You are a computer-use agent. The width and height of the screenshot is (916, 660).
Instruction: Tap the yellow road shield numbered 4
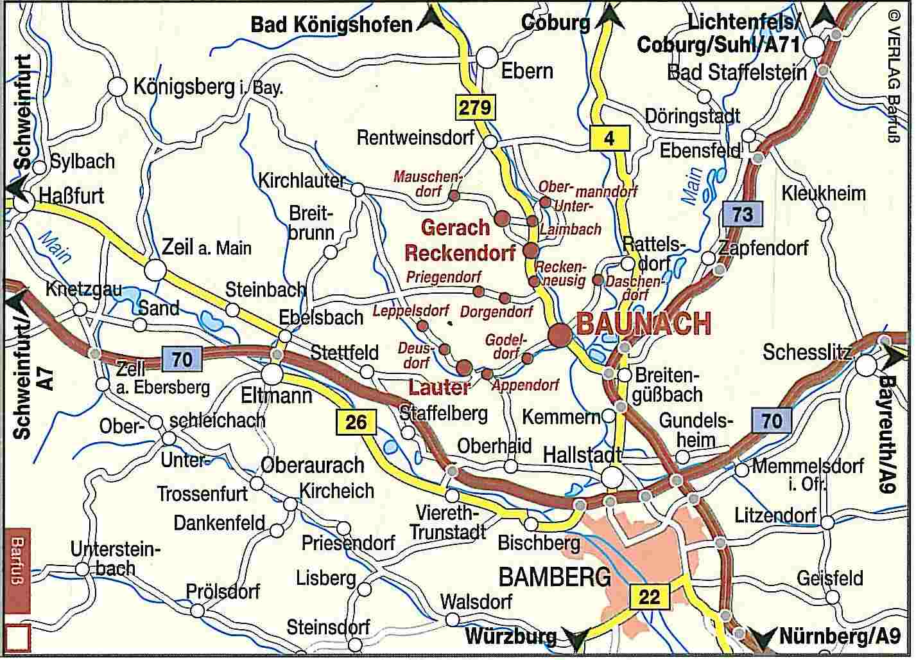(609, 138)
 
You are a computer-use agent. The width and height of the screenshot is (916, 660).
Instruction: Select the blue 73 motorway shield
(742, 213)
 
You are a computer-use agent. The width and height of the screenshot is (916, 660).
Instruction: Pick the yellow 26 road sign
(356, 422)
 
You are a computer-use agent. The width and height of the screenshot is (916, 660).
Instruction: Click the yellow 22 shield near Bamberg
(649, 597)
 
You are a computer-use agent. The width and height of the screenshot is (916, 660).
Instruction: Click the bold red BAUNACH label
(644, 323)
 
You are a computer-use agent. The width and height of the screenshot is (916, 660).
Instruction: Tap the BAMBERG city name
(555, 577)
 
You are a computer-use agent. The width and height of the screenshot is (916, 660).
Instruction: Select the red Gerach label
(455, 227)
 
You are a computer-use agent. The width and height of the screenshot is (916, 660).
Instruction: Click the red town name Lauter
(439, 388)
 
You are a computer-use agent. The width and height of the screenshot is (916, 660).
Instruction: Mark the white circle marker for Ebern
(487, 59)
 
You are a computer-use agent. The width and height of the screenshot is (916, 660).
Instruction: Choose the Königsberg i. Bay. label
(207, 87)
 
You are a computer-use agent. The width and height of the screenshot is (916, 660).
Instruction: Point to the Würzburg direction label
(510, 637)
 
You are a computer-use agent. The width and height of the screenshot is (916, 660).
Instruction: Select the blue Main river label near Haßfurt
(55, 246)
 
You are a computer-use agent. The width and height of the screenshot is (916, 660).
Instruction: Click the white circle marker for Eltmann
(272, 373)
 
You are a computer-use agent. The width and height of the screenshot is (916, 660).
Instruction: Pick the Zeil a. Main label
(207, 247)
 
